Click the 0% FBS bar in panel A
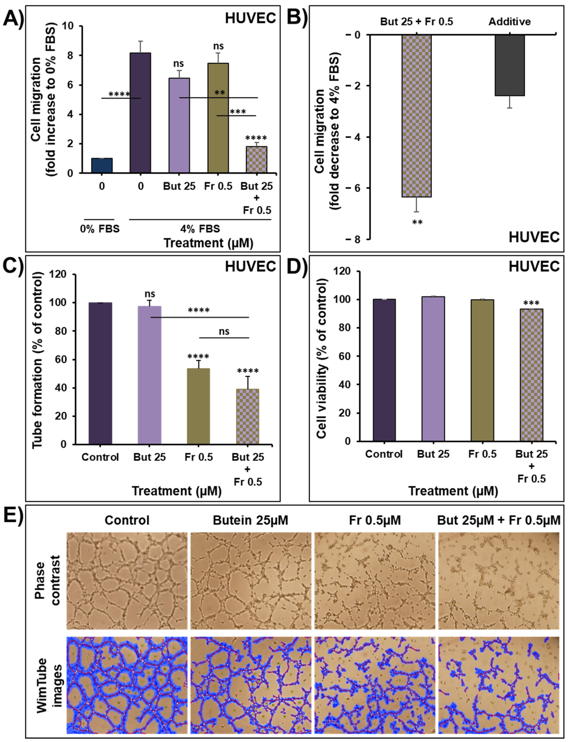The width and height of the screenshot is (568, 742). [102, 166]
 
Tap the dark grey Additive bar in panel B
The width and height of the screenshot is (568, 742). [510, 65]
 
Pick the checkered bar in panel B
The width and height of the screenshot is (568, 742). [417, 116]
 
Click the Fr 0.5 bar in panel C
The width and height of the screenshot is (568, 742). [198, 406]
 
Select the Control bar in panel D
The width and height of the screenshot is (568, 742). [384, 370]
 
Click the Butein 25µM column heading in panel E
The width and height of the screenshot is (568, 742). [251, 520]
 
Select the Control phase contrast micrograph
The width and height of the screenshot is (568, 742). [127, 581]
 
